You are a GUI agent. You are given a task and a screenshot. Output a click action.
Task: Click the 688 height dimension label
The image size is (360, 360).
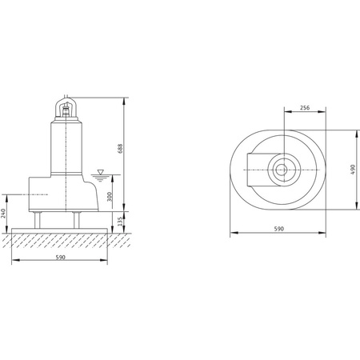[120, 149]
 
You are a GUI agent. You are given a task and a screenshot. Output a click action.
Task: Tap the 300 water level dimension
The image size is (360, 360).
[110, 197]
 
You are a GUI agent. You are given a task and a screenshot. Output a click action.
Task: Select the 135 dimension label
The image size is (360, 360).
[120, 222]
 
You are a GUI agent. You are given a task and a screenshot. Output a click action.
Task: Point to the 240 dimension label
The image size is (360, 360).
[3, 214]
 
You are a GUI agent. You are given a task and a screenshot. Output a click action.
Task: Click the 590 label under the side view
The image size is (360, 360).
[61, 258]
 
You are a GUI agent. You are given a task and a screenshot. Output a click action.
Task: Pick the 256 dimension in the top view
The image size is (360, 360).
[305, 108]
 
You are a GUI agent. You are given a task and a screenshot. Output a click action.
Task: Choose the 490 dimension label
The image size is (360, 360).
[353, 170]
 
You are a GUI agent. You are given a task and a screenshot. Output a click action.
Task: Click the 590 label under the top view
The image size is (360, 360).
[279, 229]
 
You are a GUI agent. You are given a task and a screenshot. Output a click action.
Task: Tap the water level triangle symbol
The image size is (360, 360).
[101, 172]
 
